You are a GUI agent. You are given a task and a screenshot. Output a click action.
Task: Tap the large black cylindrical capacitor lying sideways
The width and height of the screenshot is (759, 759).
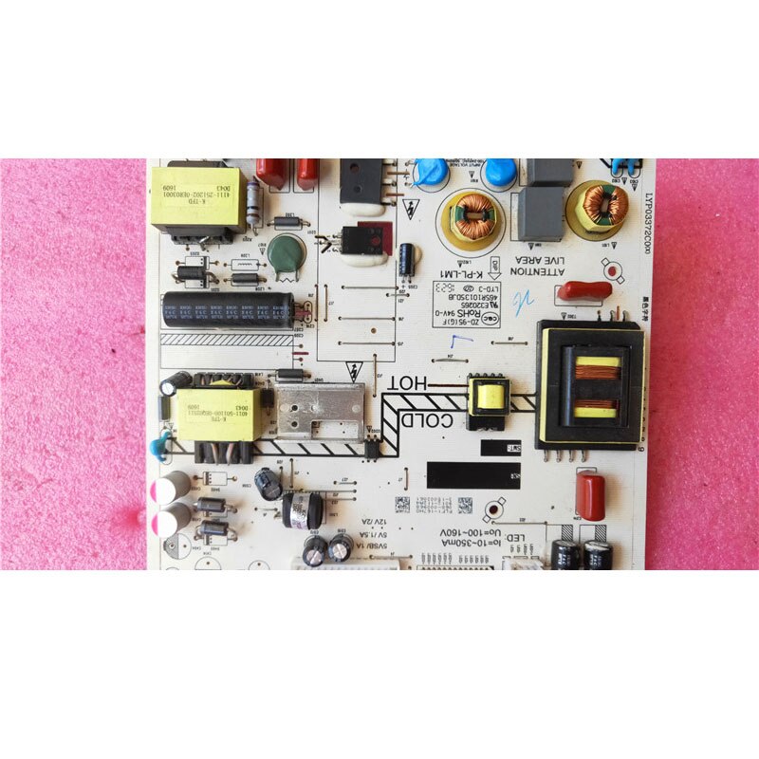230,310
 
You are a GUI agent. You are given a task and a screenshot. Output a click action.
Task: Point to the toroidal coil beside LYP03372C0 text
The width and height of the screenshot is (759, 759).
598,206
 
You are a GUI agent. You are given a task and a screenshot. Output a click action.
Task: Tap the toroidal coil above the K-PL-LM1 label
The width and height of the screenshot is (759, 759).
471,215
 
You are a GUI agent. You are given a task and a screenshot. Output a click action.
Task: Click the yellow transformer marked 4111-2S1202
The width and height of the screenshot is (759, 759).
194,202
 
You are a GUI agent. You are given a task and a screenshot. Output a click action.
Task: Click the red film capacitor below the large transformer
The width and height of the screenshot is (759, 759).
590,497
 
